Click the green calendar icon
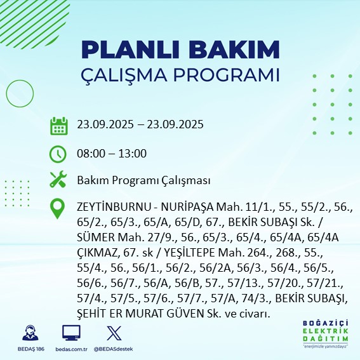point(58,126)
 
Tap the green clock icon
point(58,153)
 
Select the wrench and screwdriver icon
point(58,180)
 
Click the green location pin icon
point(58,208)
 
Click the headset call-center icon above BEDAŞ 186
point(29,333)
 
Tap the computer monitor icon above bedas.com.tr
point(70,333)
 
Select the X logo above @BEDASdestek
point(112,333)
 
